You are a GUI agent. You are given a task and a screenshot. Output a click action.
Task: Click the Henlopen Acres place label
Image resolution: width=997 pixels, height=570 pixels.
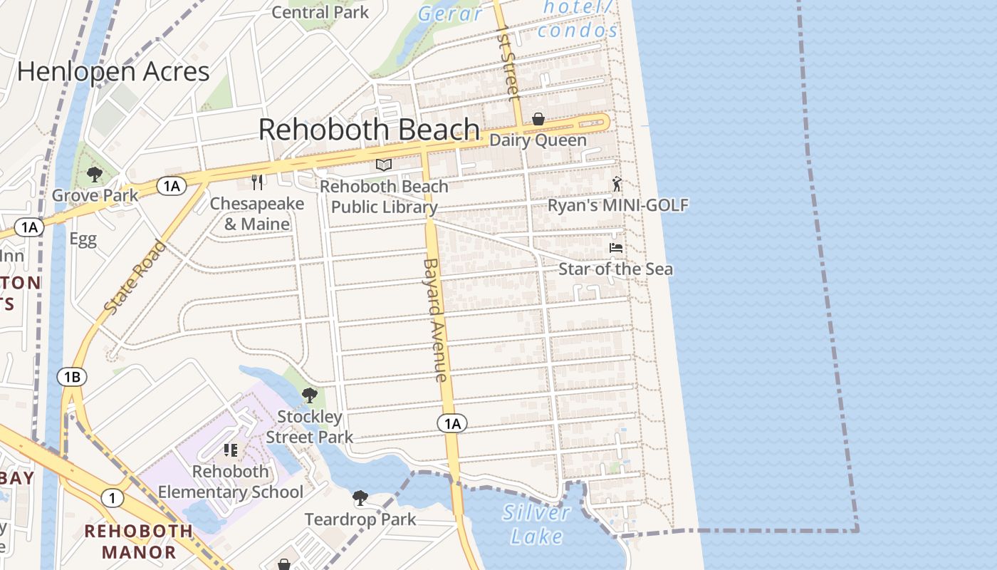(113, 72)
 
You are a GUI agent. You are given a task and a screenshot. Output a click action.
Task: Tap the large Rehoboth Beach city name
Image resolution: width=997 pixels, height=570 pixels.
(369, 130)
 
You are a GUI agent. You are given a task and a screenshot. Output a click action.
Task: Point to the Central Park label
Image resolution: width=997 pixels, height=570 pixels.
(320, 12)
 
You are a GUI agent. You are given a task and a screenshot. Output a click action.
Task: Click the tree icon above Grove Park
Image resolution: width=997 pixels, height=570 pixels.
(94, 174)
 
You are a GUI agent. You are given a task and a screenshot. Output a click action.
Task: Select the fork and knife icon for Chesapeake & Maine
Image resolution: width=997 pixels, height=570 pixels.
(258, 182)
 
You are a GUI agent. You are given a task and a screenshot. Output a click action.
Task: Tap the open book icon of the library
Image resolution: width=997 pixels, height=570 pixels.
(384, 165)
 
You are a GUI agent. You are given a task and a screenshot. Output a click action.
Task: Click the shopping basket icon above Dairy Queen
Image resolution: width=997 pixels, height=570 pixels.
(538, 119)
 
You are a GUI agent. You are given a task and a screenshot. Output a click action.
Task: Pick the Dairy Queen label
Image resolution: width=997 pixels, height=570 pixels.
(538, 140)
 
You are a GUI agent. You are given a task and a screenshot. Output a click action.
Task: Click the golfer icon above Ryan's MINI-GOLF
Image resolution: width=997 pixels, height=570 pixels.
(617, 185)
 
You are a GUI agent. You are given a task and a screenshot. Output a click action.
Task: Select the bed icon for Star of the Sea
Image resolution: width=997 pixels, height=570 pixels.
(616, 248)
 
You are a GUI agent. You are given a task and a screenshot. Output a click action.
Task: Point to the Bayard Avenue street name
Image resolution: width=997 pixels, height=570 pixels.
(435, 319)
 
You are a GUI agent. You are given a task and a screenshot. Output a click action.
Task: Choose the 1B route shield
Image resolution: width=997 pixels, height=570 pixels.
(72, 377)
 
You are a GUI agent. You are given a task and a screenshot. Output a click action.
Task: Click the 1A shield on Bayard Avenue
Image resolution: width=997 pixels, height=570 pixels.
(452, 424)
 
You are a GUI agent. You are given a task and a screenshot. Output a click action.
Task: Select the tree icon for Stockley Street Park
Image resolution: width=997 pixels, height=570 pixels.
(309, 395)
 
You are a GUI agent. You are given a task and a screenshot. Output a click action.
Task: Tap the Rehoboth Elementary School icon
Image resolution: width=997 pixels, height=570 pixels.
(230, 450)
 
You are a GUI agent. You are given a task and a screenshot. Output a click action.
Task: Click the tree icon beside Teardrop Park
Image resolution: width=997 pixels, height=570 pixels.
(360, 497)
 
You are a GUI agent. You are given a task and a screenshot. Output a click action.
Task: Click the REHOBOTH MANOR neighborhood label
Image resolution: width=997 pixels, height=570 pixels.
(139, 541)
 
